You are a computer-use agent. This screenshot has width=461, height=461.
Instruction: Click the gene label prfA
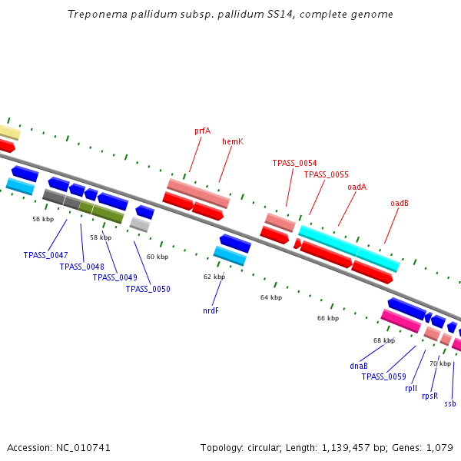tap(202, 131)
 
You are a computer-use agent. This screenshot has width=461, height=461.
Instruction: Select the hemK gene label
tap(233, 141)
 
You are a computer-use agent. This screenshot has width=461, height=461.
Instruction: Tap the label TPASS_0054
tap(294, 163)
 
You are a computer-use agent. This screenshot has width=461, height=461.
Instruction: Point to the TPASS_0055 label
tap(326, 174)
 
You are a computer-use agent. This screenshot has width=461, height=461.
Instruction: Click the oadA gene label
tap(357, 187)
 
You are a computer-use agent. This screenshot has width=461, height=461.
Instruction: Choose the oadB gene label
tap(400, 203)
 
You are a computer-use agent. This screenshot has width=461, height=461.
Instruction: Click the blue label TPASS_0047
tap(45, 255)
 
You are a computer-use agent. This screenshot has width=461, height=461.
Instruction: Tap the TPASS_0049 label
tap(114, 277)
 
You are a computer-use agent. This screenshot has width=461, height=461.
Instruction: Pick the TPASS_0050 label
tap(148, 289)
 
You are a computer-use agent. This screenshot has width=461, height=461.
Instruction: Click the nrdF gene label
tap(211, 311)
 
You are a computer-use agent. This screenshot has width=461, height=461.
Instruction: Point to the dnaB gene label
tap(359, 366)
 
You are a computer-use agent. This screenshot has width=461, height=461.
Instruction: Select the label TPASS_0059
tap(383, 376)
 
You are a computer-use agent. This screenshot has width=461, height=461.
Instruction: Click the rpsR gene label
tap(429, 396)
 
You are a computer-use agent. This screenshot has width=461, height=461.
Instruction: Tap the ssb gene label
tap(450, 403)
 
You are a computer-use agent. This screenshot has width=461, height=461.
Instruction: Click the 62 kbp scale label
tap(214, 277)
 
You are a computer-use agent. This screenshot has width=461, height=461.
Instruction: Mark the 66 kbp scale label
tap(328, 318)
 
